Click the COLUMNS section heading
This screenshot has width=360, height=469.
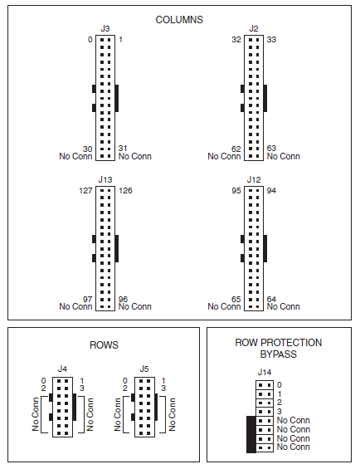click(x=179, y=18)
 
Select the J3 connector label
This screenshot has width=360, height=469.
click(x=105, y=29)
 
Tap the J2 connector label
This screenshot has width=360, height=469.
click(x=254, y=29)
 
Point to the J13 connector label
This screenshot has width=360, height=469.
click(x=105, y=178)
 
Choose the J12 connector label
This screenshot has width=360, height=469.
click(x=254, y=178)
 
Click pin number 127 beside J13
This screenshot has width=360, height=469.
click(x=83, y=189)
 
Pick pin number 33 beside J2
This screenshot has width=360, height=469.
click(x=272, y=40)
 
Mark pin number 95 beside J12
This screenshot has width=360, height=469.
click(x=236, y=189)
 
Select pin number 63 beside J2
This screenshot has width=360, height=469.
click(x=272, y=149)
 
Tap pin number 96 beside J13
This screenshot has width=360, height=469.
click(x=124, y=299)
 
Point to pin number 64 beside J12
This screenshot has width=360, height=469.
click(x=272, y=299)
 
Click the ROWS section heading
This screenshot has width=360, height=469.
click(x=104, y=344)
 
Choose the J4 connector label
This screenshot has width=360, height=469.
click(x=62, y=369)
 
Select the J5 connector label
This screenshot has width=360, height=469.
click(x=144, y=369)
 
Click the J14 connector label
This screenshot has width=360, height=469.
click(x=265, y=372)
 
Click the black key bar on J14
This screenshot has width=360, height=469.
click(x=251, y=434)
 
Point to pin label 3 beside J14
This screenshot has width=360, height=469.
click(x=280, y=412)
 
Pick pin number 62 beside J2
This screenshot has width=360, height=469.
click(x=236, y=149)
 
